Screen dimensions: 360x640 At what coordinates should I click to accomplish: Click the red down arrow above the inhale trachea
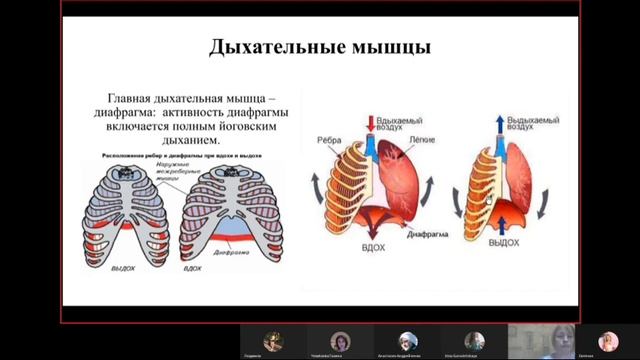pos(371,125)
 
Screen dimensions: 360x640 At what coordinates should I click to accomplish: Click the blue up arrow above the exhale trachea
pos(499,125)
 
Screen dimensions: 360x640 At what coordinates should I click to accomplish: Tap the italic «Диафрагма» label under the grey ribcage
pos(227,254)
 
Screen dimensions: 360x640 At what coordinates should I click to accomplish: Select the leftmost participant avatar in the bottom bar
pos(273,340)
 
